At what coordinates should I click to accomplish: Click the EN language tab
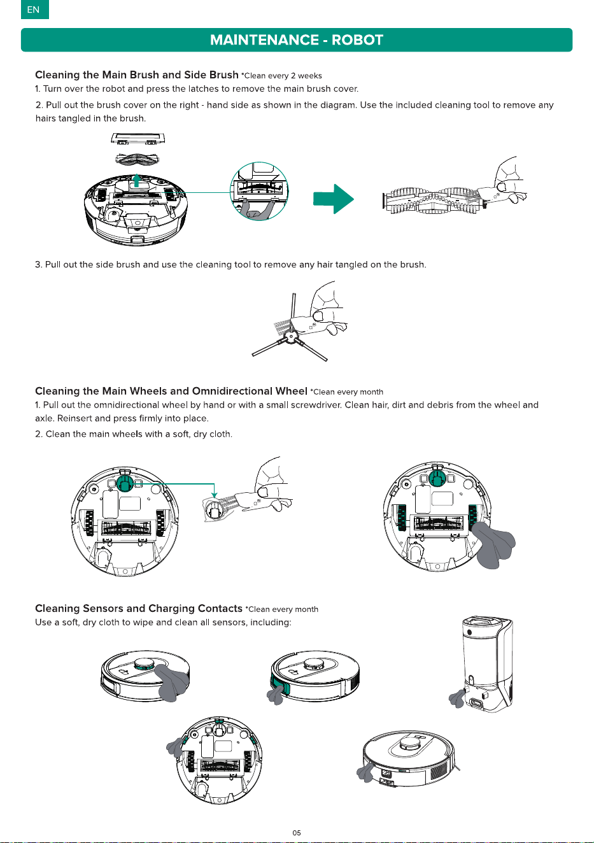pyautogui.click(x=34, y=10)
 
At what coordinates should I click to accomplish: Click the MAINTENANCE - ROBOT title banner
pyautogui.click(x=297, y=40)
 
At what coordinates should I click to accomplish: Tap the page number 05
pyautogui.click(x=297, y=833)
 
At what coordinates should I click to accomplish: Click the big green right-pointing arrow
pyautogui.click(x=334, y=199)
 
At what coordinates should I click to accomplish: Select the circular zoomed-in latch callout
pyautogui.click(x=259, y=191)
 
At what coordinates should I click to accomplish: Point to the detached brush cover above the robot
pyautogui.click(x=138, y=138)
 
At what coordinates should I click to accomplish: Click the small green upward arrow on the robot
pyautogui.click(x=137, y=180)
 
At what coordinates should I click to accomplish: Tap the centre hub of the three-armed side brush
pyautogui.click(x=290, y=336)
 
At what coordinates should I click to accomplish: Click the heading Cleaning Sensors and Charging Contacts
pyautogui.click(x=139, y=608)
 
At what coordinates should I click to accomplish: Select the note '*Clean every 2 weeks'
pyautogui.click(x=281, y=76)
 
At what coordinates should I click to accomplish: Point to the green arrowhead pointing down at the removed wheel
pyautogui.click(x=214, y=495)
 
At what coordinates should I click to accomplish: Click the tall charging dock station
pyautogui.click(x=488, y=663)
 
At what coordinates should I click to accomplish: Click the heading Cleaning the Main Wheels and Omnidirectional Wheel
pyautogui.click(x=171, y=391)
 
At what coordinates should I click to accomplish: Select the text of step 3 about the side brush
pyautogui.click(x=230, y=265)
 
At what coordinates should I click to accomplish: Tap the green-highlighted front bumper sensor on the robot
pyautogui.click(x=279, y=681)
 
